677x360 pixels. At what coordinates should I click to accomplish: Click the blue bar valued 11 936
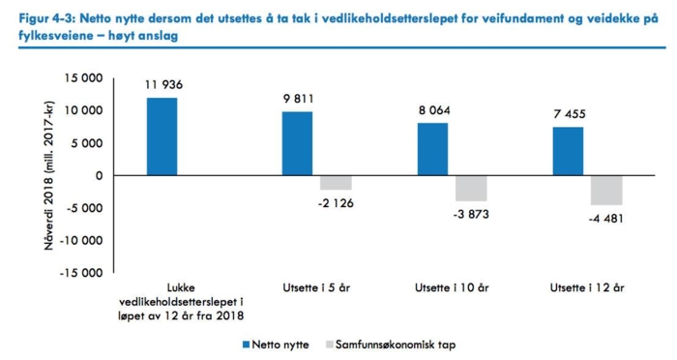(162, 136)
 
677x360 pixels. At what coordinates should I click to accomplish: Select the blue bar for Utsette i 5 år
(298, 143)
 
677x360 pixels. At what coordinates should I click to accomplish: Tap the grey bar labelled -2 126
(336, 183)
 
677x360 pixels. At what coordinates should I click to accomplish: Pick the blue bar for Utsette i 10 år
(432, 149)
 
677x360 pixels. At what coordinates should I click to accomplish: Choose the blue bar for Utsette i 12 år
(568, 151)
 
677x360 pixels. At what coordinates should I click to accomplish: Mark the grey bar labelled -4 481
(606, 191)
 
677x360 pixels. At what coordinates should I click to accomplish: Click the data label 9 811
(298, 99)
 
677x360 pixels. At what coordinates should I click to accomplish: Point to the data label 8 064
(432, 110)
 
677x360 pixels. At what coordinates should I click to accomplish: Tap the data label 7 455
(568, 114)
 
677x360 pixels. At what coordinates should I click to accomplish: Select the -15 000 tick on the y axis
(79, 272)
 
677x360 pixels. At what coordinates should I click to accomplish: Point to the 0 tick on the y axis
(98, 175)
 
